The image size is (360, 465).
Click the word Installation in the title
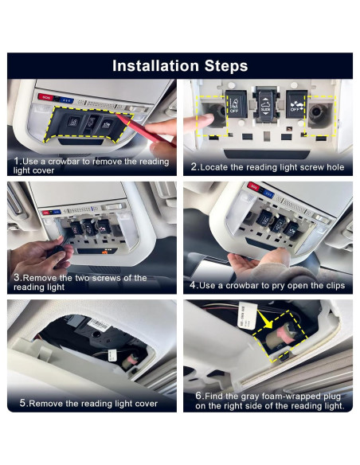tap(155, 65)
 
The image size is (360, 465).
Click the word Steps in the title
tap(226, 65)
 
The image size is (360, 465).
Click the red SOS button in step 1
tap(45, 97)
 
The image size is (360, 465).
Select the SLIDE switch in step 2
tap(265, 107)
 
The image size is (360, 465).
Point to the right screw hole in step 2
tap(317, 112)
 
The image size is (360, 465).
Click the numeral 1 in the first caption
tap(16, 162)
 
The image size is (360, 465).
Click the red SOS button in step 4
tap(253, 186)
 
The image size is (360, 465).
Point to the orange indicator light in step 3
tap(104, 252)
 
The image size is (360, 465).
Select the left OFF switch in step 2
tap(236, 104)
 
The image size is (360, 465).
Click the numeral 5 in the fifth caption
tap(22, 403)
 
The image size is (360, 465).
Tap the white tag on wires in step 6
tap(246, 316)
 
